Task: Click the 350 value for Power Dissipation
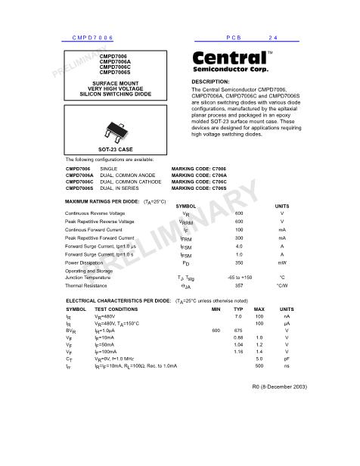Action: point(239,263)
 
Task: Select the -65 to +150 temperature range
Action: point(239,278)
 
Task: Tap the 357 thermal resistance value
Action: point(239,287)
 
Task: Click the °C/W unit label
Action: point(282,287)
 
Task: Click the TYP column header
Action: point(238,309)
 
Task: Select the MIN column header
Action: point(216,309)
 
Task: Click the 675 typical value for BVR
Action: point(238,331)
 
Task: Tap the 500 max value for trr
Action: point(259,365)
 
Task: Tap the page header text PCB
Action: point(233,37)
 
